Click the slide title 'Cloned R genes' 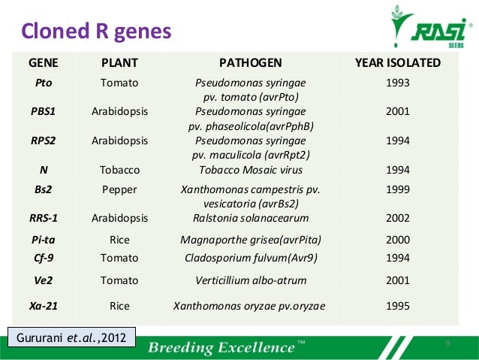coord(95,31)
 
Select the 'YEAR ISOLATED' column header coord(397,62)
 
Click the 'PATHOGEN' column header coord(250,62)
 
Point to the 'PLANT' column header coord(119,62)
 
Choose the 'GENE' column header coord(44,62)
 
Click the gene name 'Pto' coord(44,83)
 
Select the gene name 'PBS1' coord(44,111)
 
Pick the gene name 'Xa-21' coord(44,306)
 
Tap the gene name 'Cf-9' coord(44,258)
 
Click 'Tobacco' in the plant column coord(119,169)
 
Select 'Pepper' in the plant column coord(119,189)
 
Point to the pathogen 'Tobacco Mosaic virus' coord(250,169)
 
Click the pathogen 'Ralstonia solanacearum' coord(250,218)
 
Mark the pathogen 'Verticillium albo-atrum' coord(250,281)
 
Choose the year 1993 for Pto coord(397,83)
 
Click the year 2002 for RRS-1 coord(397,218)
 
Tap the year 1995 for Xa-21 coord(397,306)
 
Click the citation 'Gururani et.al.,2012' coord(72,336)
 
